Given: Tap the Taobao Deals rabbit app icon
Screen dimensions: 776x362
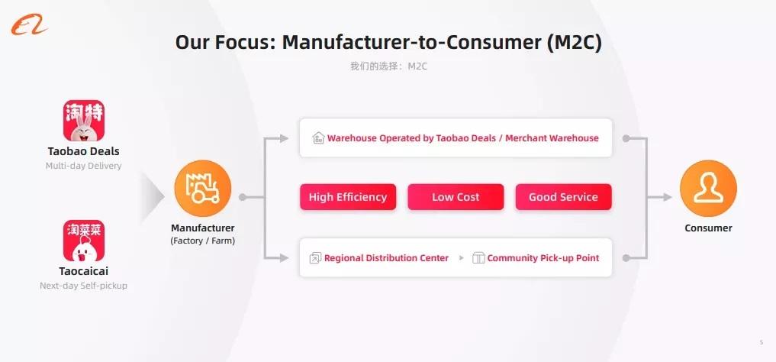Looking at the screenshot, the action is point(84,121).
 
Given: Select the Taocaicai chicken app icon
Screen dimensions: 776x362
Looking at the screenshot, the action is point(84,241).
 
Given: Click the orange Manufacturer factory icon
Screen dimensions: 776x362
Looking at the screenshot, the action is point(202,189).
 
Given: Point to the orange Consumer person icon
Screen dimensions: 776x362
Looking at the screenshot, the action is point(708,189).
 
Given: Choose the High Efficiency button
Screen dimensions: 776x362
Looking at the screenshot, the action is point(348,197).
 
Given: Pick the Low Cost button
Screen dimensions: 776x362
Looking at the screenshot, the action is point(456,197).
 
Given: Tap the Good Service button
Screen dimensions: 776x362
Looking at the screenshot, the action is point(564,197).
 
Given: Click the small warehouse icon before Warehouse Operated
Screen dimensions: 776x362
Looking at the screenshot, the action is point(318,137).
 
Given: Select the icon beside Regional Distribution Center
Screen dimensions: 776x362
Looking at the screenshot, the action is point(315,258).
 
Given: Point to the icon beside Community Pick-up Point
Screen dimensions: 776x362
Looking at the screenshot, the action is point(478,258).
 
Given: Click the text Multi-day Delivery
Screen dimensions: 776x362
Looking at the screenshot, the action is point(84,166).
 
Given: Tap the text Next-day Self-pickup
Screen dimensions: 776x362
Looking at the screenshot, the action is point(84,286).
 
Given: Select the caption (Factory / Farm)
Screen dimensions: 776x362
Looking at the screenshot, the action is point(202,241).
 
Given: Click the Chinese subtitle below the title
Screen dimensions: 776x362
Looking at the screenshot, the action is point(388,66).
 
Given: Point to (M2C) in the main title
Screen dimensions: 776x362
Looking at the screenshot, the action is point(575,43).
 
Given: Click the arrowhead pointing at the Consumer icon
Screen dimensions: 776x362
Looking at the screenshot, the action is point(667,197).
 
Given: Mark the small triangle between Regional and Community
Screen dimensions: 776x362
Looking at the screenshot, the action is point(461,258).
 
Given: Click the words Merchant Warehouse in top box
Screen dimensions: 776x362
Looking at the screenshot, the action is point(552,138).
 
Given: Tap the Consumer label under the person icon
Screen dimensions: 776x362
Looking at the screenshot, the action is point(708,228).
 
